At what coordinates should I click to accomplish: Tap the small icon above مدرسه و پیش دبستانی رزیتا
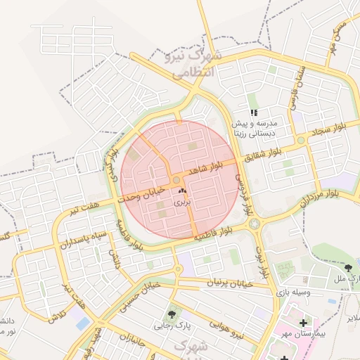(254, 112)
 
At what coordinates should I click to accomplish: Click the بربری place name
(183, 202)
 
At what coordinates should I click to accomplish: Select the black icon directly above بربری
(183, 191)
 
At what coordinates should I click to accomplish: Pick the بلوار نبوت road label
(262, 262)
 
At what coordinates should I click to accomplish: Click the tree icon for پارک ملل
(348, 268)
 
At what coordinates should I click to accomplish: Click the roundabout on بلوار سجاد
(301, 141)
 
